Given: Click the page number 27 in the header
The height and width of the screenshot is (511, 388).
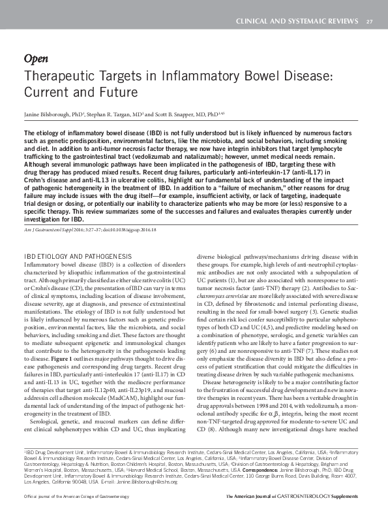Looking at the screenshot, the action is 369,22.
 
